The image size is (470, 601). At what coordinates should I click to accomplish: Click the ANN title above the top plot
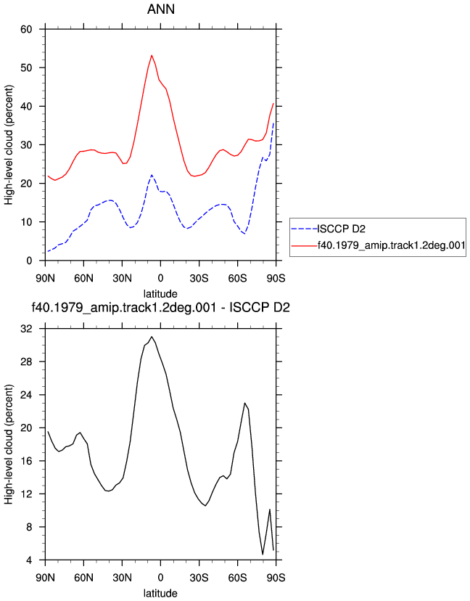click(161, 9)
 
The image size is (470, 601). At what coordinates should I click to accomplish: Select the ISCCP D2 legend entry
click(342, 229)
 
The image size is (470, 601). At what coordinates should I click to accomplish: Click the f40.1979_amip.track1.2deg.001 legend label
click(391, 245)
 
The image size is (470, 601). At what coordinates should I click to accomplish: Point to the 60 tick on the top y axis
click(26, 29)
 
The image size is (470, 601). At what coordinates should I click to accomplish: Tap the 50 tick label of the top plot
click(26, 68)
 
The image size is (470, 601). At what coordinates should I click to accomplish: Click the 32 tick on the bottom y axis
click(26, 329)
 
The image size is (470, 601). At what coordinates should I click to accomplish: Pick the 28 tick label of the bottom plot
click(26, 361)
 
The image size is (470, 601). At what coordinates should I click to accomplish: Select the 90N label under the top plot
click(45, 278)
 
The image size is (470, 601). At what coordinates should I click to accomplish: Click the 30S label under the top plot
click(199, 278)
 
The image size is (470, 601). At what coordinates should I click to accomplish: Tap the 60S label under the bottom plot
click(237, 577)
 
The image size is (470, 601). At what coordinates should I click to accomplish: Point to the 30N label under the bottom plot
click(122, 577)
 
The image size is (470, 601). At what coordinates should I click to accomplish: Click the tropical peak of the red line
click(152, 55)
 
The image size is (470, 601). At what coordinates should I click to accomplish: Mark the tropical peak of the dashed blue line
click(152, 175)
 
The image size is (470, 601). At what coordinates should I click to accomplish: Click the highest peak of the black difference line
click(152, 337)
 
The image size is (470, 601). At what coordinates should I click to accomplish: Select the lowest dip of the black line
click(263, 555)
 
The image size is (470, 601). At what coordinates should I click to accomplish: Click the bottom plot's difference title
click(160, 308)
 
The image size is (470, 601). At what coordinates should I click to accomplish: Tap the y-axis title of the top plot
click(9, 144)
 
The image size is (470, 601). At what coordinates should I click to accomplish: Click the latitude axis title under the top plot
click(160, 294)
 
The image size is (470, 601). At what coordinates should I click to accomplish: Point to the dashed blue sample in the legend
click(304, 229)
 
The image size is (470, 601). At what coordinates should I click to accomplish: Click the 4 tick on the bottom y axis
click(29, 560)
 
